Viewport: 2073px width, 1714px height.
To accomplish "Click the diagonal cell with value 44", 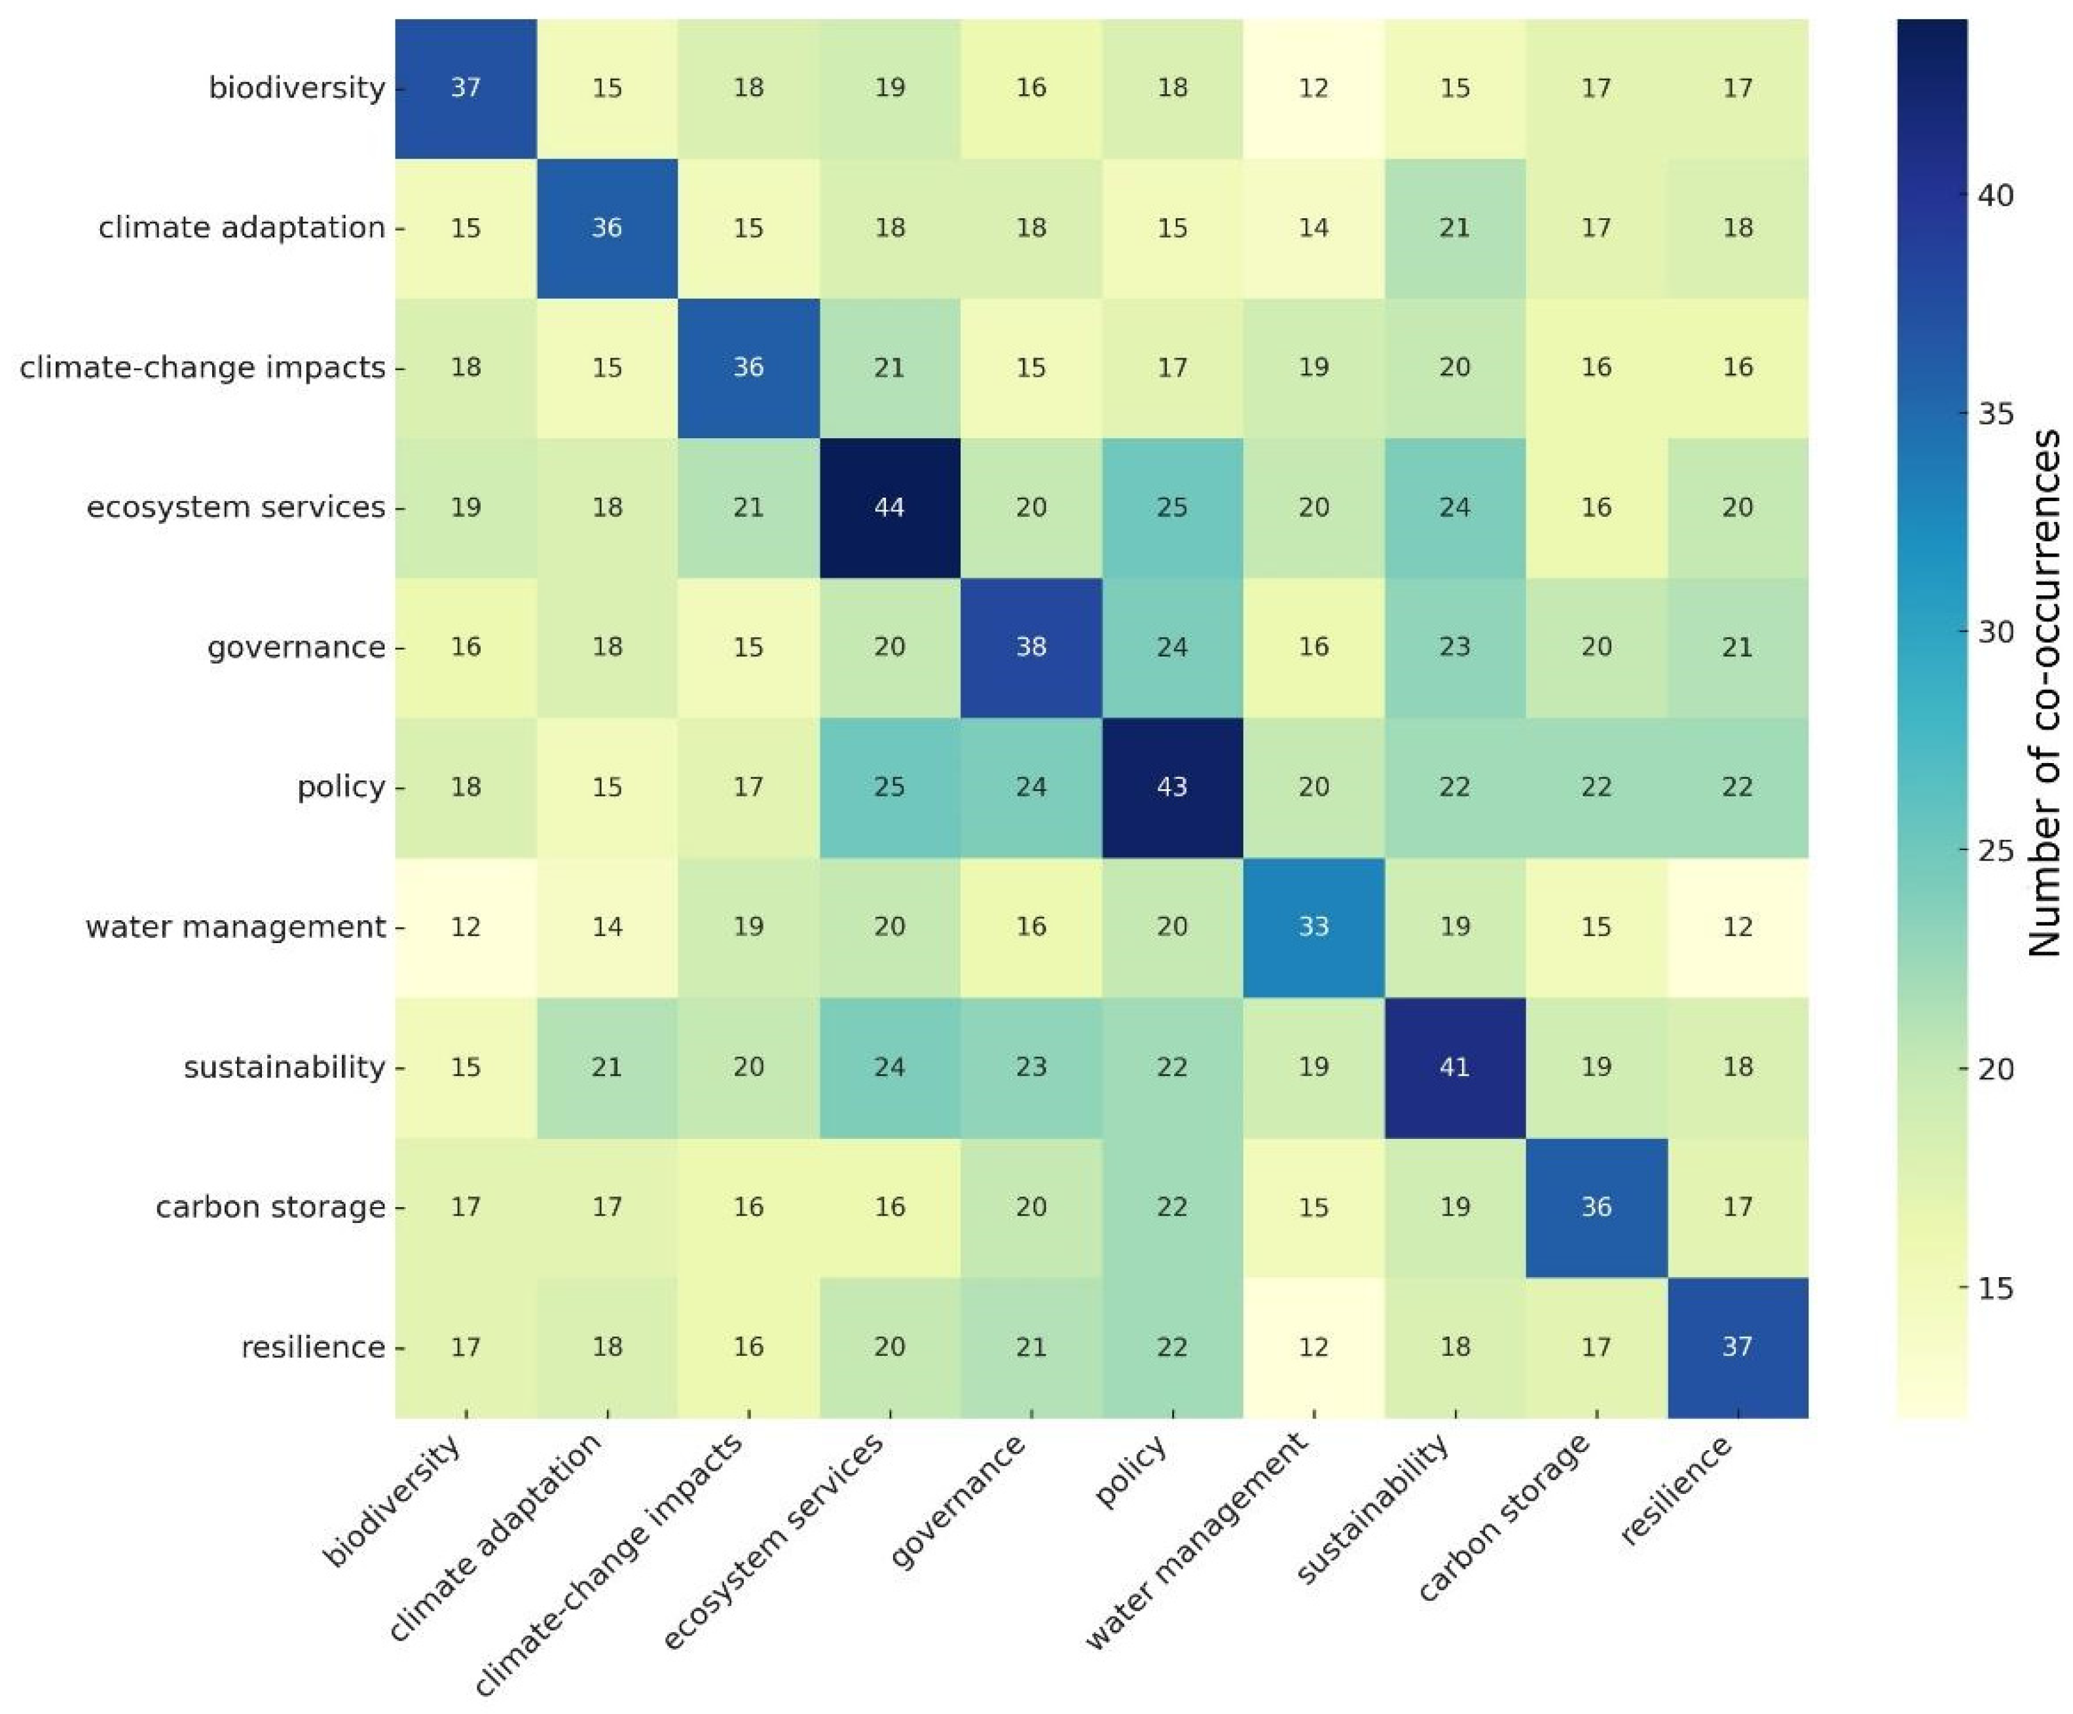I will [889, 508].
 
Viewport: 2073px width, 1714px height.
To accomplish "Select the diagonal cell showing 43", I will [1172, 787].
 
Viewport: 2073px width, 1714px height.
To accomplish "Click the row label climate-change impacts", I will [202, 367].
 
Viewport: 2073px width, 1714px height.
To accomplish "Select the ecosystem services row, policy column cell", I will [1172, 508].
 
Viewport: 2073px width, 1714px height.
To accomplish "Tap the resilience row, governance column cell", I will [1031, 1347].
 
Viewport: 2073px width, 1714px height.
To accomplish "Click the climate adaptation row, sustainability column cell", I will [1454, 228].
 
